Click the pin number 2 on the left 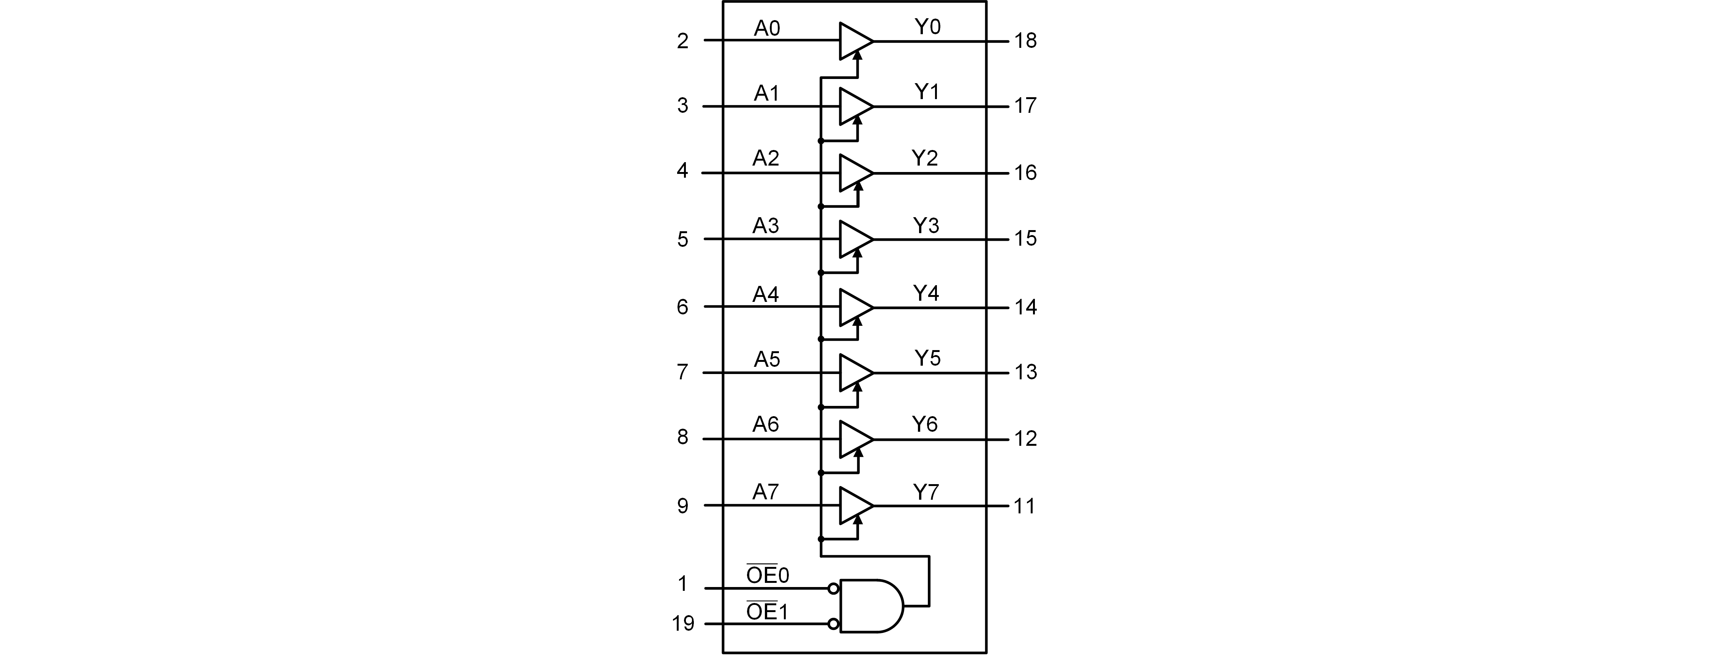tap(683, 41)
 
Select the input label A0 tap(766, 28)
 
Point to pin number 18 tap(1025, 41)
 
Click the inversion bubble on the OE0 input tap(833, 589)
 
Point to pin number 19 tap(683, 624)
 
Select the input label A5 tap(766, 360)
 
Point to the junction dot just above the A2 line tap(821, 141)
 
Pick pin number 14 tap(1025, 307)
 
